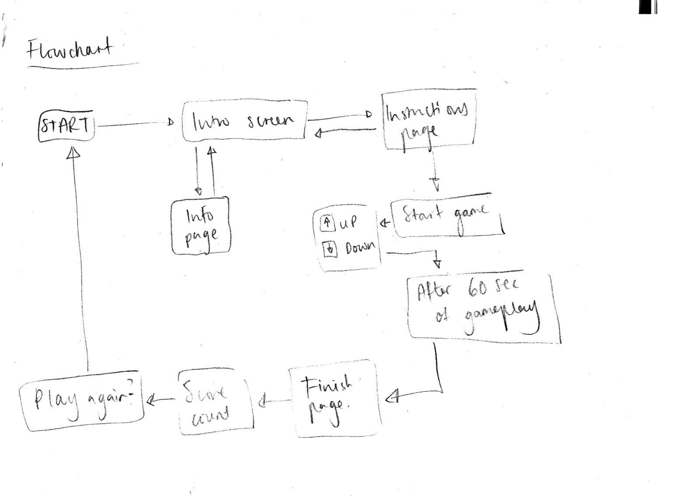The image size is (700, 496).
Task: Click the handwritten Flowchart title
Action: pyautogui.click(x=70, y=49)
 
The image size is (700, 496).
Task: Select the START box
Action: pyautogui.click(x=66, y=126)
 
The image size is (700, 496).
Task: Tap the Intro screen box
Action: pyautogui.click(x=244, y=121)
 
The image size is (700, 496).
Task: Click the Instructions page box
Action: pyautogui.click(x=429, y=119)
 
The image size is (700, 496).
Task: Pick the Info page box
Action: pyautogui.click(x=200, y=226)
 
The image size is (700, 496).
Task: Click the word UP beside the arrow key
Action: pyautogui.click(x=348, y=223)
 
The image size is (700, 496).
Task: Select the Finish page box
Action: pyautogui.click(x=333, y=400)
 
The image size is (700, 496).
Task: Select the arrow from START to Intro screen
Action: pyautogui.click(x=136, y=125)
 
